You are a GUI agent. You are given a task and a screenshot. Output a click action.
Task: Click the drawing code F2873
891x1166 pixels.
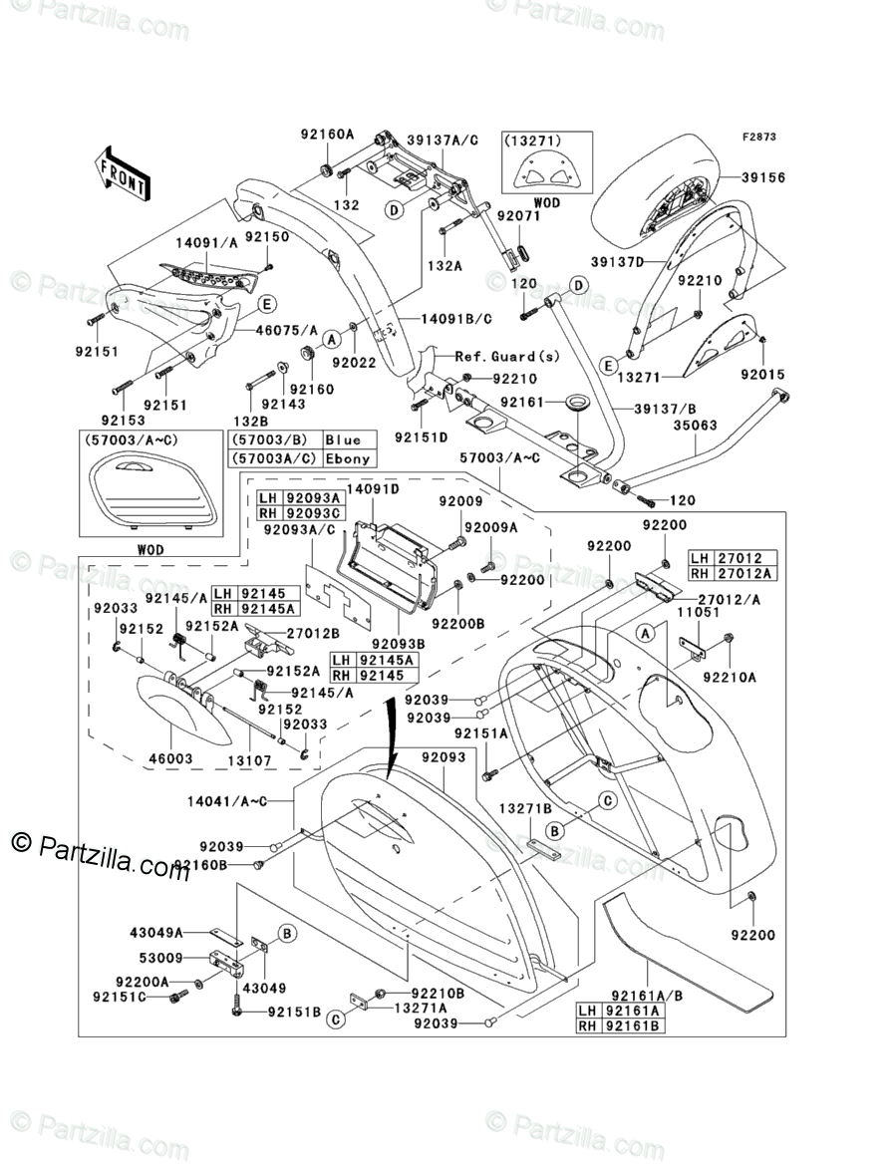pyautogui.click(x=758, y=137)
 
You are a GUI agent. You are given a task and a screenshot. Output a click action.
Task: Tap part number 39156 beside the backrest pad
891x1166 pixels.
pyautogui.click(x=763, y=177)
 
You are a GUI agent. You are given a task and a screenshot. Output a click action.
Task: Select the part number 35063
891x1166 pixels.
pyautogui.click(x=696, y=426)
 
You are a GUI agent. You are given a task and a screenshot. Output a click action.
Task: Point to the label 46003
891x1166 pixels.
pyautogui.click(x=170, y=758)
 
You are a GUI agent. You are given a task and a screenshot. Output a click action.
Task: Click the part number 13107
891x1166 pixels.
pyautogui.click(x=249, y=760)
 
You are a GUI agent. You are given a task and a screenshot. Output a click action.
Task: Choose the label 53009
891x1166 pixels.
pyautogui.click(x=161, y=958)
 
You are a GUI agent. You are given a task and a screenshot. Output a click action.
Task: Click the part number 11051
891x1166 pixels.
pyautogui.click(x=698, y=611)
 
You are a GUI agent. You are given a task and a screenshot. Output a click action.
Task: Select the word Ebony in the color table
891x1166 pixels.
pyautogui.click(x=348, y=458)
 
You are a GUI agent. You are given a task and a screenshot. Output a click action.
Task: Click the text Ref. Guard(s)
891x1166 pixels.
pyautogui.click(x=507, y=357)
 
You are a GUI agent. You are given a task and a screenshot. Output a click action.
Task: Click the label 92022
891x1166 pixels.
pyautogui.click(x=354, y=362)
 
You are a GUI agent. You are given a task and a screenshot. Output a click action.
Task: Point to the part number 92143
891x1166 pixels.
pyautogui.click(x=283, y=404)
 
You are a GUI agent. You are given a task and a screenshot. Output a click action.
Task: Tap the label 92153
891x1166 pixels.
pyautogui.click(x=124, y=421)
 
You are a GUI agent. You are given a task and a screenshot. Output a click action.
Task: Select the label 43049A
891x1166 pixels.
pyautogui.click(x=156, y=932)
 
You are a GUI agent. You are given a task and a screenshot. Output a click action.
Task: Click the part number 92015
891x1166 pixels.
pyautogui.click(x=763, y=375)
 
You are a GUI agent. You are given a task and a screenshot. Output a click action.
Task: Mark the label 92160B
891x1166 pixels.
pyautogui.click(x=200, y=865)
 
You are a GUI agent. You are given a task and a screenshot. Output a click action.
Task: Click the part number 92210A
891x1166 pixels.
pyautogui.click(x=730, y=677)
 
